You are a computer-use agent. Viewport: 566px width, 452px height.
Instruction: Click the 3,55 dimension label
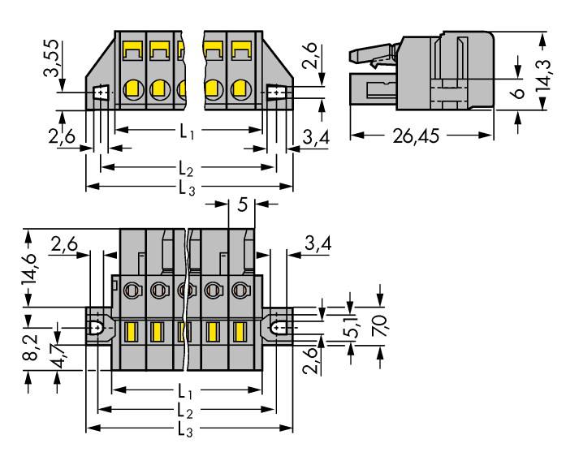coord(50,58)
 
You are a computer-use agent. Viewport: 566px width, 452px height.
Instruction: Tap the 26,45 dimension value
coord(416,136)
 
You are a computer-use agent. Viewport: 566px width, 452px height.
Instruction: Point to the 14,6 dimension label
coord(29,269)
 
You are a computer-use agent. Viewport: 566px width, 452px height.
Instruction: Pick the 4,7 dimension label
coord(58,355)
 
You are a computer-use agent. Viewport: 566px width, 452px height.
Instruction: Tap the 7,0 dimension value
coord(380,325)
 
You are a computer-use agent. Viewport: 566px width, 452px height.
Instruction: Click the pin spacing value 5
coord(243,204)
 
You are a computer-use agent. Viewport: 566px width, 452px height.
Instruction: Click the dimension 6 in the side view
coord(519,93)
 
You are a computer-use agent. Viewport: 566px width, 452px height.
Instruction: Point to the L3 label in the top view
coord(187,187)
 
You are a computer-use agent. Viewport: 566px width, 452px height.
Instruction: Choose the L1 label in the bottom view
coord(185,391)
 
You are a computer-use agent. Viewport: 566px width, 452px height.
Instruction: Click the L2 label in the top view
coord(186,168)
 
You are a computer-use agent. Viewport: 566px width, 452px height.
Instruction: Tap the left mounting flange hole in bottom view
coord(97,328)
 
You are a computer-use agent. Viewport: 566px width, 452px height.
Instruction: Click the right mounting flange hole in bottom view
coord(277,328)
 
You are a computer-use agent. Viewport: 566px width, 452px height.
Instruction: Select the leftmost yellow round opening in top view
coord(133,88)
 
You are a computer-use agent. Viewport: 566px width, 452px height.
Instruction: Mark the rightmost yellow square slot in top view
coord(241,50)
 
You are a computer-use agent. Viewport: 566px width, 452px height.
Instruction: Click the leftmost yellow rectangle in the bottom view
coord(131,332)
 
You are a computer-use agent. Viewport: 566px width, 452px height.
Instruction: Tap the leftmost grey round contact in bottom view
coord(132,290)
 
